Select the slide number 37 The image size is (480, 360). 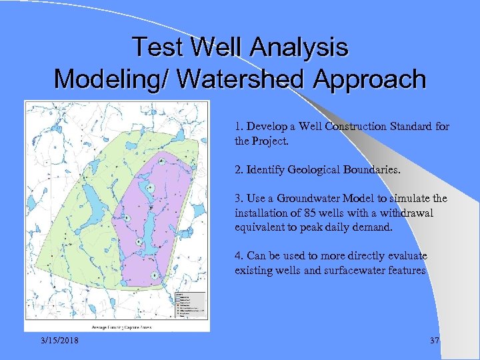(x=435, y=341)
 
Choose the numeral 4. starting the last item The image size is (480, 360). (x=239, y=256)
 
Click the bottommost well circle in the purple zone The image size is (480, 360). (x=154, y=275)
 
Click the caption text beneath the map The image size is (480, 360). (x=117, y=327)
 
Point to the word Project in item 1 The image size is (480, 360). (x=269, y=141)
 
